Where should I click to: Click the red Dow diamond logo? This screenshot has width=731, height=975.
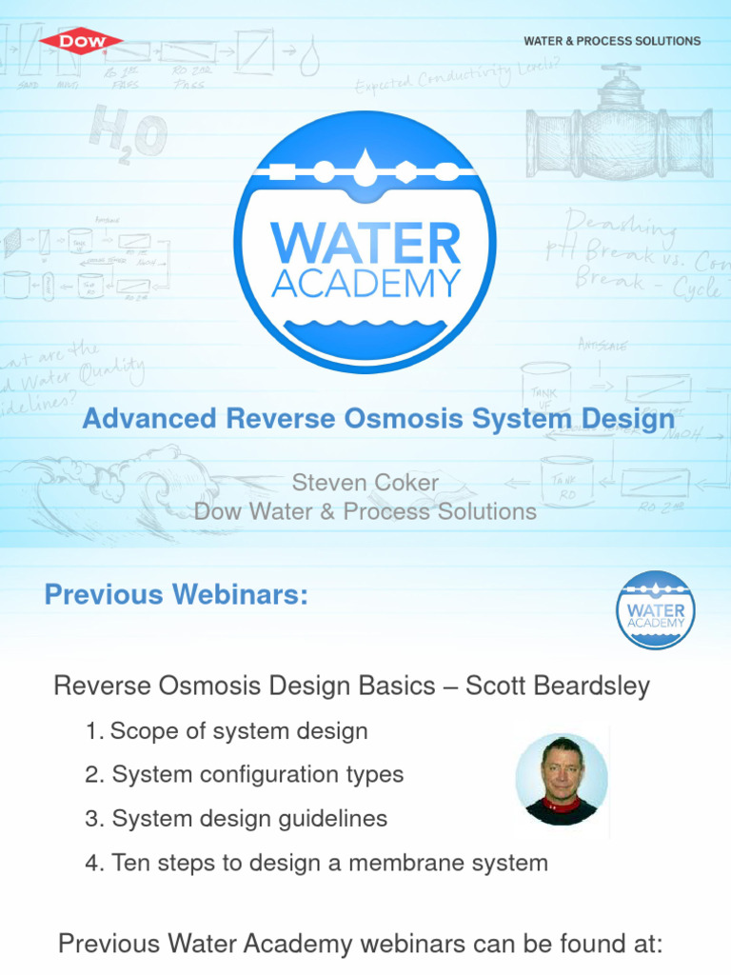(x=81, y=41)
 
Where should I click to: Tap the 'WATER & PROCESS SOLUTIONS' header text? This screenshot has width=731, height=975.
(x=612, y=41)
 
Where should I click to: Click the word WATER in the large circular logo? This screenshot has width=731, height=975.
(x=365, y=244)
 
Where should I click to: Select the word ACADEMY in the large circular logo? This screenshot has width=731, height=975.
(x=365, y=283)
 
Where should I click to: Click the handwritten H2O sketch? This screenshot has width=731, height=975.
(x=128, y=133)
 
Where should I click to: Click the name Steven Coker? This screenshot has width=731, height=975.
(x=365, y=483)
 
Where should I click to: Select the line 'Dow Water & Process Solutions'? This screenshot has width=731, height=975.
(x=365, y=511)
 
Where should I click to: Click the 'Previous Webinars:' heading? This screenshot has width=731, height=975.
(x=176, y=595)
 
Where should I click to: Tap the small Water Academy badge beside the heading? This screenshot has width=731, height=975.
(x=655, y=609)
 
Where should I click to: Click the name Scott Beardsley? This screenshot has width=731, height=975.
(x=557, y=686)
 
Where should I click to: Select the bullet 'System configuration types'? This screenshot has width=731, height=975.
(x=257, y=775)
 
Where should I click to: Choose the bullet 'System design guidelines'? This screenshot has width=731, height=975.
(x=249, y=819)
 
